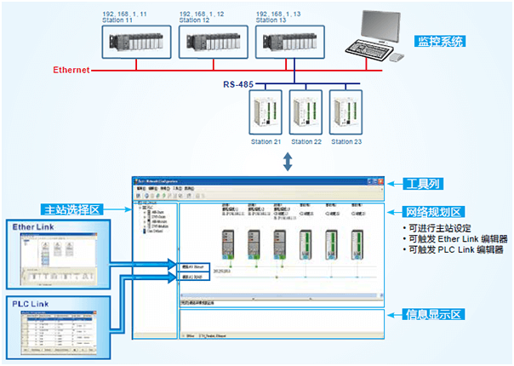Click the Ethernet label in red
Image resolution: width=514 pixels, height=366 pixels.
tap(71, 70)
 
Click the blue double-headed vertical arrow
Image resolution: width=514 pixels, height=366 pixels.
tap(290, 160)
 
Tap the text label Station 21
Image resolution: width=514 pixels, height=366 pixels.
tap(266, 142)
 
